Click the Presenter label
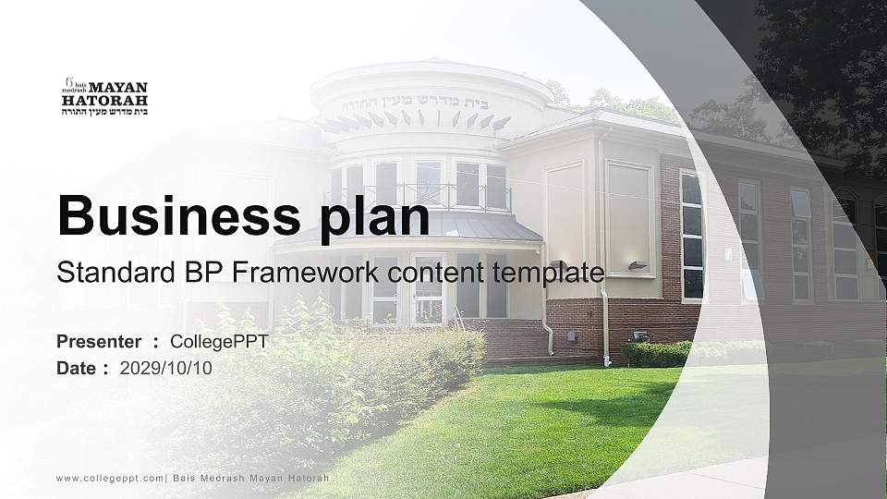(x=99, y=342)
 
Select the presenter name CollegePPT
(x=219, y=342)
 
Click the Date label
(x=77, y=369)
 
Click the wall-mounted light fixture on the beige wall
(x=637, y=265)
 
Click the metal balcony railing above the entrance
(x=416, y=197)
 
